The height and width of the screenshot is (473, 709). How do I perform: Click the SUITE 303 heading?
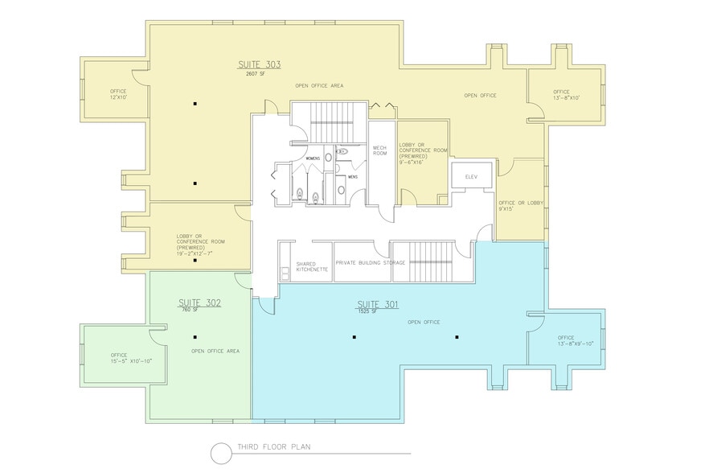coord(259,64)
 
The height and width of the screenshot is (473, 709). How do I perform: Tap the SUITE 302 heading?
coord(199,302)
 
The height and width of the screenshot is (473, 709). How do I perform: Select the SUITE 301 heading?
coord(377,304)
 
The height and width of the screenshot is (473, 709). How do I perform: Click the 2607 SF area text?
coord(258,73)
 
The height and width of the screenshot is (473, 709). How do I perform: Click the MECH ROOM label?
coord(380,150)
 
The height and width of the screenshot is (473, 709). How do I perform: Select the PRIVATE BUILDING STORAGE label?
coord(371,263)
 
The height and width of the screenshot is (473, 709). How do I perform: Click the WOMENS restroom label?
coord(313,158)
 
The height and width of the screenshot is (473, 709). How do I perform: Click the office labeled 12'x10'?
coord(118,94)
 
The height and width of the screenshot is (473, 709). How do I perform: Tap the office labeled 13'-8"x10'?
coord(566,95)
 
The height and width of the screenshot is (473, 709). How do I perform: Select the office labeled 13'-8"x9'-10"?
coord(575,340)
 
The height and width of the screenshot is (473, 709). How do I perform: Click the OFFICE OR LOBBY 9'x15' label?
coord(518,206)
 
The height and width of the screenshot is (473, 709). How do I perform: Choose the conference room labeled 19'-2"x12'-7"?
coord(201,245)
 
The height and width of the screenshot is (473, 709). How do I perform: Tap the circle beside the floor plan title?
coord(221,454)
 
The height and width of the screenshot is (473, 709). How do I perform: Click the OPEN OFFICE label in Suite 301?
coord(424,323)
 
